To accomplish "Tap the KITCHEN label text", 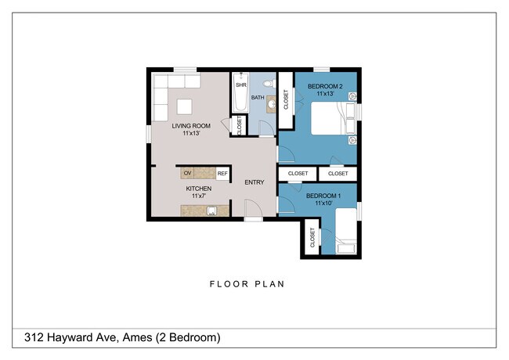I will [198, 189].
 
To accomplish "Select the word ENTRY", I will [254, 182].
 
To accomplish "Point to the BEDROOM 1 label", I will [322, 195].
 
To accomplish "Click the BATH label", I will [258, 99].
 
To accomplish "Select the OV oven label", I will [187, 173].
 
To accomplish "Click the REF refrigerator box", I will [222, 174].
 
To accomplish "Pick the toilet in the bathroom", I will [268, 81].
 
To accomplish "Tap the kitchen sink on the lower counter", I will [211, 211].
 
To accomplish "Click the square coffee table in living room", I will [184, 106].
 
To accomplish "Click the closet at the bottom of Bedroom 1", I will [312, 238].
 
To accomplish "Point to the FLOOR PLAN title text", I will [246, 284].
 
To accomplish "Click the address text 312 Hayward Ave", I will [78, 338].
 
